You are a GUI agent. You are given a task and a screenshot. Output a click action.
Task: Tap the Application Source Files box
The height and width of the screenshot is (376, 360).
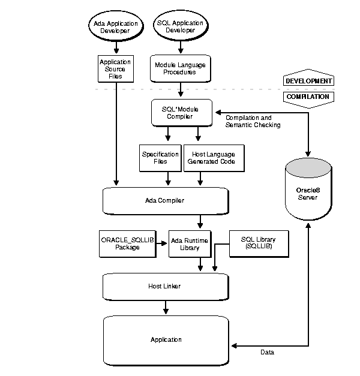[x=115, y=69]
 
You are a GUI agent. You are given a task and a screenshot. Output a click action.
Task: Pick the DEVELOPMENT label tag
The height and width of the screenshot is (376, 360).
[x=308, y=80]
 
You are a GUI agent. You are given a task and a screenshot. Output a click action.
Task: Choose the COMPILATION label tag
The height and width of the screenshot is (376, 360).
[x=308, y=96]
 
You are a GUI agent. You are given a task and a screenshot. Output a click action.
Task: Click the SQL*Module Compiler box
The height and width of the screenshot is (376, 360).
[x=181, y=112]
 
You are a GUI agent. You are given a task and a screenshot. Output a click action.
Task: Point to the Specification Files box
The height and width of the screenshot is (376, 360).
[x=160, y=158]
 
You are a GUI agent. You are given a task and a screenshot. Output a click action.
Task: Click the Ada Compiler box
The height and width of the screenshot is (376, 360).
[x=166, y=201]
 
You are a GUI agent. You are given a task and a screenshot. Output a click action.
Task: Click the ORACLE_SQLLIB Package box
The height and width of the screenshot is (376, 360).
[x=127, y=242]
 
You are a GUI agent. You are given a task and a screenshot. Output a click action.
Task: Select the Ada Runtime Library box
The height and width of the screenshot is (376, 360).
[x=189, y=242]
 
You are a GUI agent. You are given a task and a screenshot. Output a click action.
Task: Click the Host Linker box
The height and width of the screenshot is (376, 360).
[x=166, y=286]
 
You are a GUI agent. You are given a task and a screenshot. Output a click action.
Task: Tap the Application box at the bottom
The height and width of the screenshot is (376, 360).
[x=166, y=339]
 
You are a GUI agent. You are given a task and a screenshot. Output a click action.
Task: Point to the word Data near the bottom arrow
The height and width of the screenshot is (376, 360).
[x=267, y=352]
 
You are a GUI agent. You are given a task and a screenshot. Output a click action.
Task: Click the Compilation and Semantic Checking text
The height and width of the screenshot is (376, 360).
[x=252, y=121]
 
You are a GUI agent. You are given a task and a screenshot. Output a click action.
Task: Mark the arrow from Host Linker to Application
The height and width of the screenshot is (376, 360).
[x=166, y=307]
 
